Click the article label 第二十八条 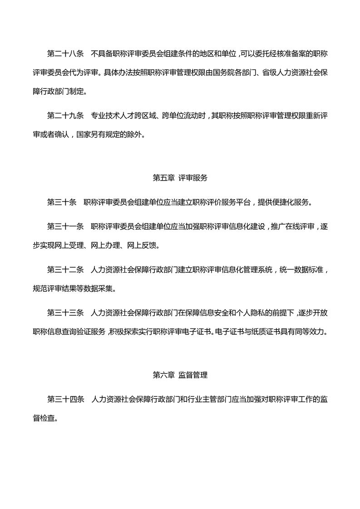pyautogui.click(x=65, y=54)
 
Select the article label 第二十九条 pyautogui.click(x=65, y=115)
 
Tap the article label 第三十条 pyautogui.click(x=62, y=202)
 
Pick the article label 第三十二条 pyautogui.click(x=65, y=270)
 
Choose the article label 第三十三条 pyautogui.click(x=65, y=313)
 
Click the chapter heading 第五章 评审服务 pyautogui.click(x=180, y=178)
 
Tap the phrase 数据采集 pyautogui.click(x=129, y=288)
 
